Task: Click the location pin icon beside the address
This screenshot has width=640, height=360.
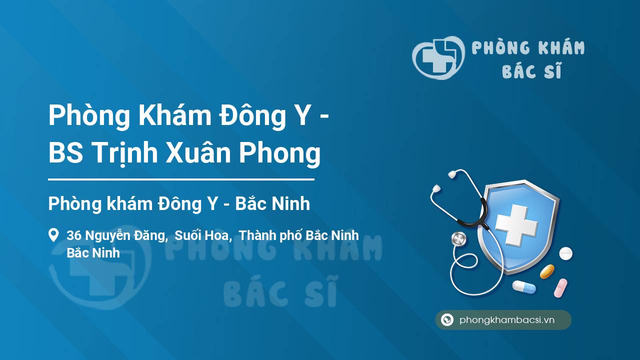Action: pos(53,235)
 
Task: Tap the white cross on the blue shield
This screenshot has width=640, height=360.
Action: pos(516,226)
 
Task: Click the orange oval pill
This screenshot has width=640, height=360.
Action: pos(547,271)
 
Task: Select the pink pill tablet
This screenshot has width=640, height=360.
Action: pos(560,287)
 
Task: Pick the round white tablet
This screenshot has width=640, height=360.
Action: pos(565,253)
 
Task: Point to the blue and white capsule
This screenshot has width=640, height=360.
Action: pos(523,287)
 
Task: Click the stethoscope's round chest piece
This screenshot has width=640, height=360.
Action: pos(458,239)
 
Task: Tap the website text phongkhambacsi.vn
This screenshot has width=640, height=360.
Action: pos(507,320)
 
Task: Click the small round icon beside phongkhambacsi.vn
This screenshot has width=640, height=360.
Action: pos(447,320)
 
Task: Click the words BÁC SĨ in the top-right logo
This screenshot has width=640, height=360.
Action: pos(531,72)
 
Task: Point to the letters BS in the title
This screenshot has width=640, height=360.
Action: pos(65,153)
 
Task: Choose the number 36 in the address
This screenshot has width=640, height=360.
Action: pos(74,235)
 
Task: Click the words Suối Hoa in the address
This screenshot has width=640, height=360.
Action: pos(202,235)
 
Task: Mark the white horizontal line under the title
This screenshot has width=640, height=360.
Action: pos(181,179)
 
